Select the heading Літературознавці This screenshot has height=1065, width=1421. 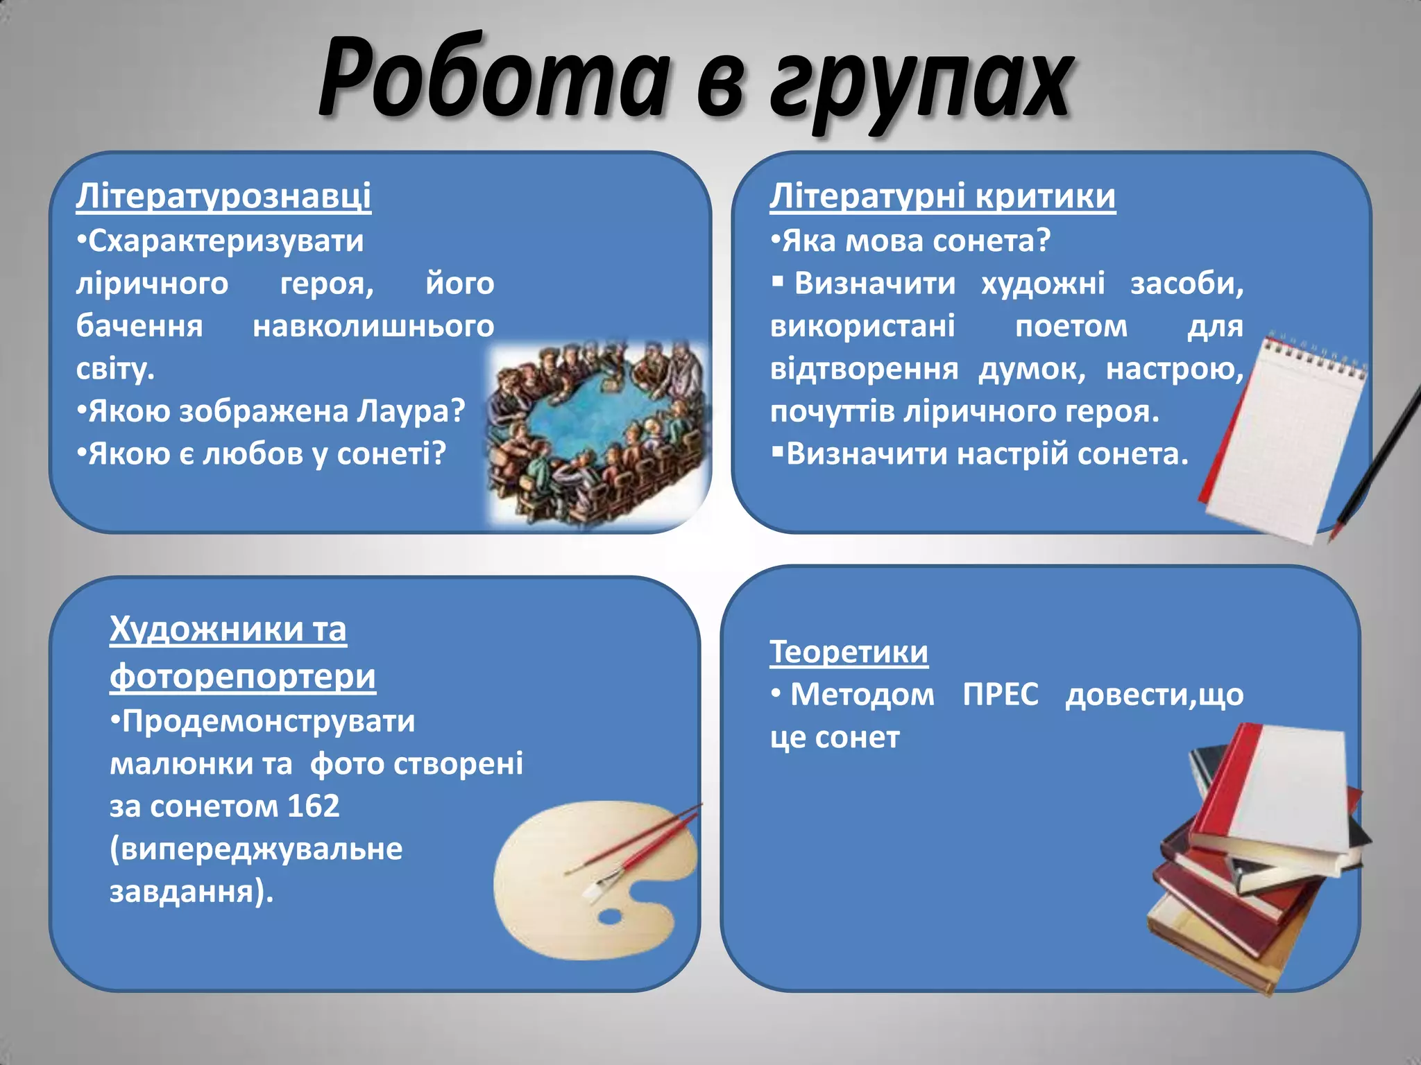[x=223, y=196]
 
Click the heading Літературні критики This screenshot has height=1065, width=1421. [x=942, y=196]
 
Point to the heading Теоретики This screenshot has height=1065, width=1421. [x=849, y=652]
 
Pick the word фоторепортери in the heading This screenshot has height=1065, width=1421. [x=243, y=676]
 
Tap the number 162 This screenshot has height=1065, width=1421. [x=313, y=806]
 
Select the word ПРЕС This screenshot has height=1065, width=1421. [x=1001, y=694]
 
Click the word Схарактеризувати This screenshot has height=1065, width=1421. [x=226, y=241]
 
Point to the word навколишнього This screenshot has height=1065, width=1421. [x=373, y=326]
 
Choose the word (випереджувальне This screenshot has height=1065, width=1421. [x=256, y=849]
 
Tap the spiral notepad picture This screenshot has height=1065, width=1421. [x=1284, y=437]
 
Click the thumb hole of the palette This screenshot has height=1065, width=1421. [x=610, y=917]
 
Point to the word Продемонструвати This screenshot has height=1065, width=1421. [x=268, y=721]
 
